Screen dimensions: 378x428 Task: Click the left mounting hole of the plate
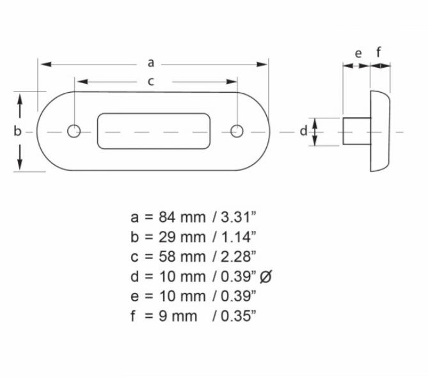74,131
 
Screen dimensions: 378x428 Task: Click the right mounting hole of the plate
237,131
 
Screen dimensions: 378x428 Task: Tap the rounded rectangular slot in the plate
154,131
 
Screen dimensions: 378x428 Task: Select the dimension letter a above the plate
151,63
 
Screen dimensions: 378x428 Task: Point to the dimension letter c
151,81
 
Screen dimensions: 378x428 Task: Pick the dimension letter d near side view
304,131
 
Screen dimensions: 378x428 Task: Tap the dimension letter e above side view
358,52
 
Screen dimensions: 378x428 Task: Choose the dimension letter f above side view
379,52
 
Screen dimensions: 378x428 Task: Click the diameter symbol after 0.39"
268,276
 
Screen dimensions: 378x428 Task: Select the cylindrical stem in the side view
356,131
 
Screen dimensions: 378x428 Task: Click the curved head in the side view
380,131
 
